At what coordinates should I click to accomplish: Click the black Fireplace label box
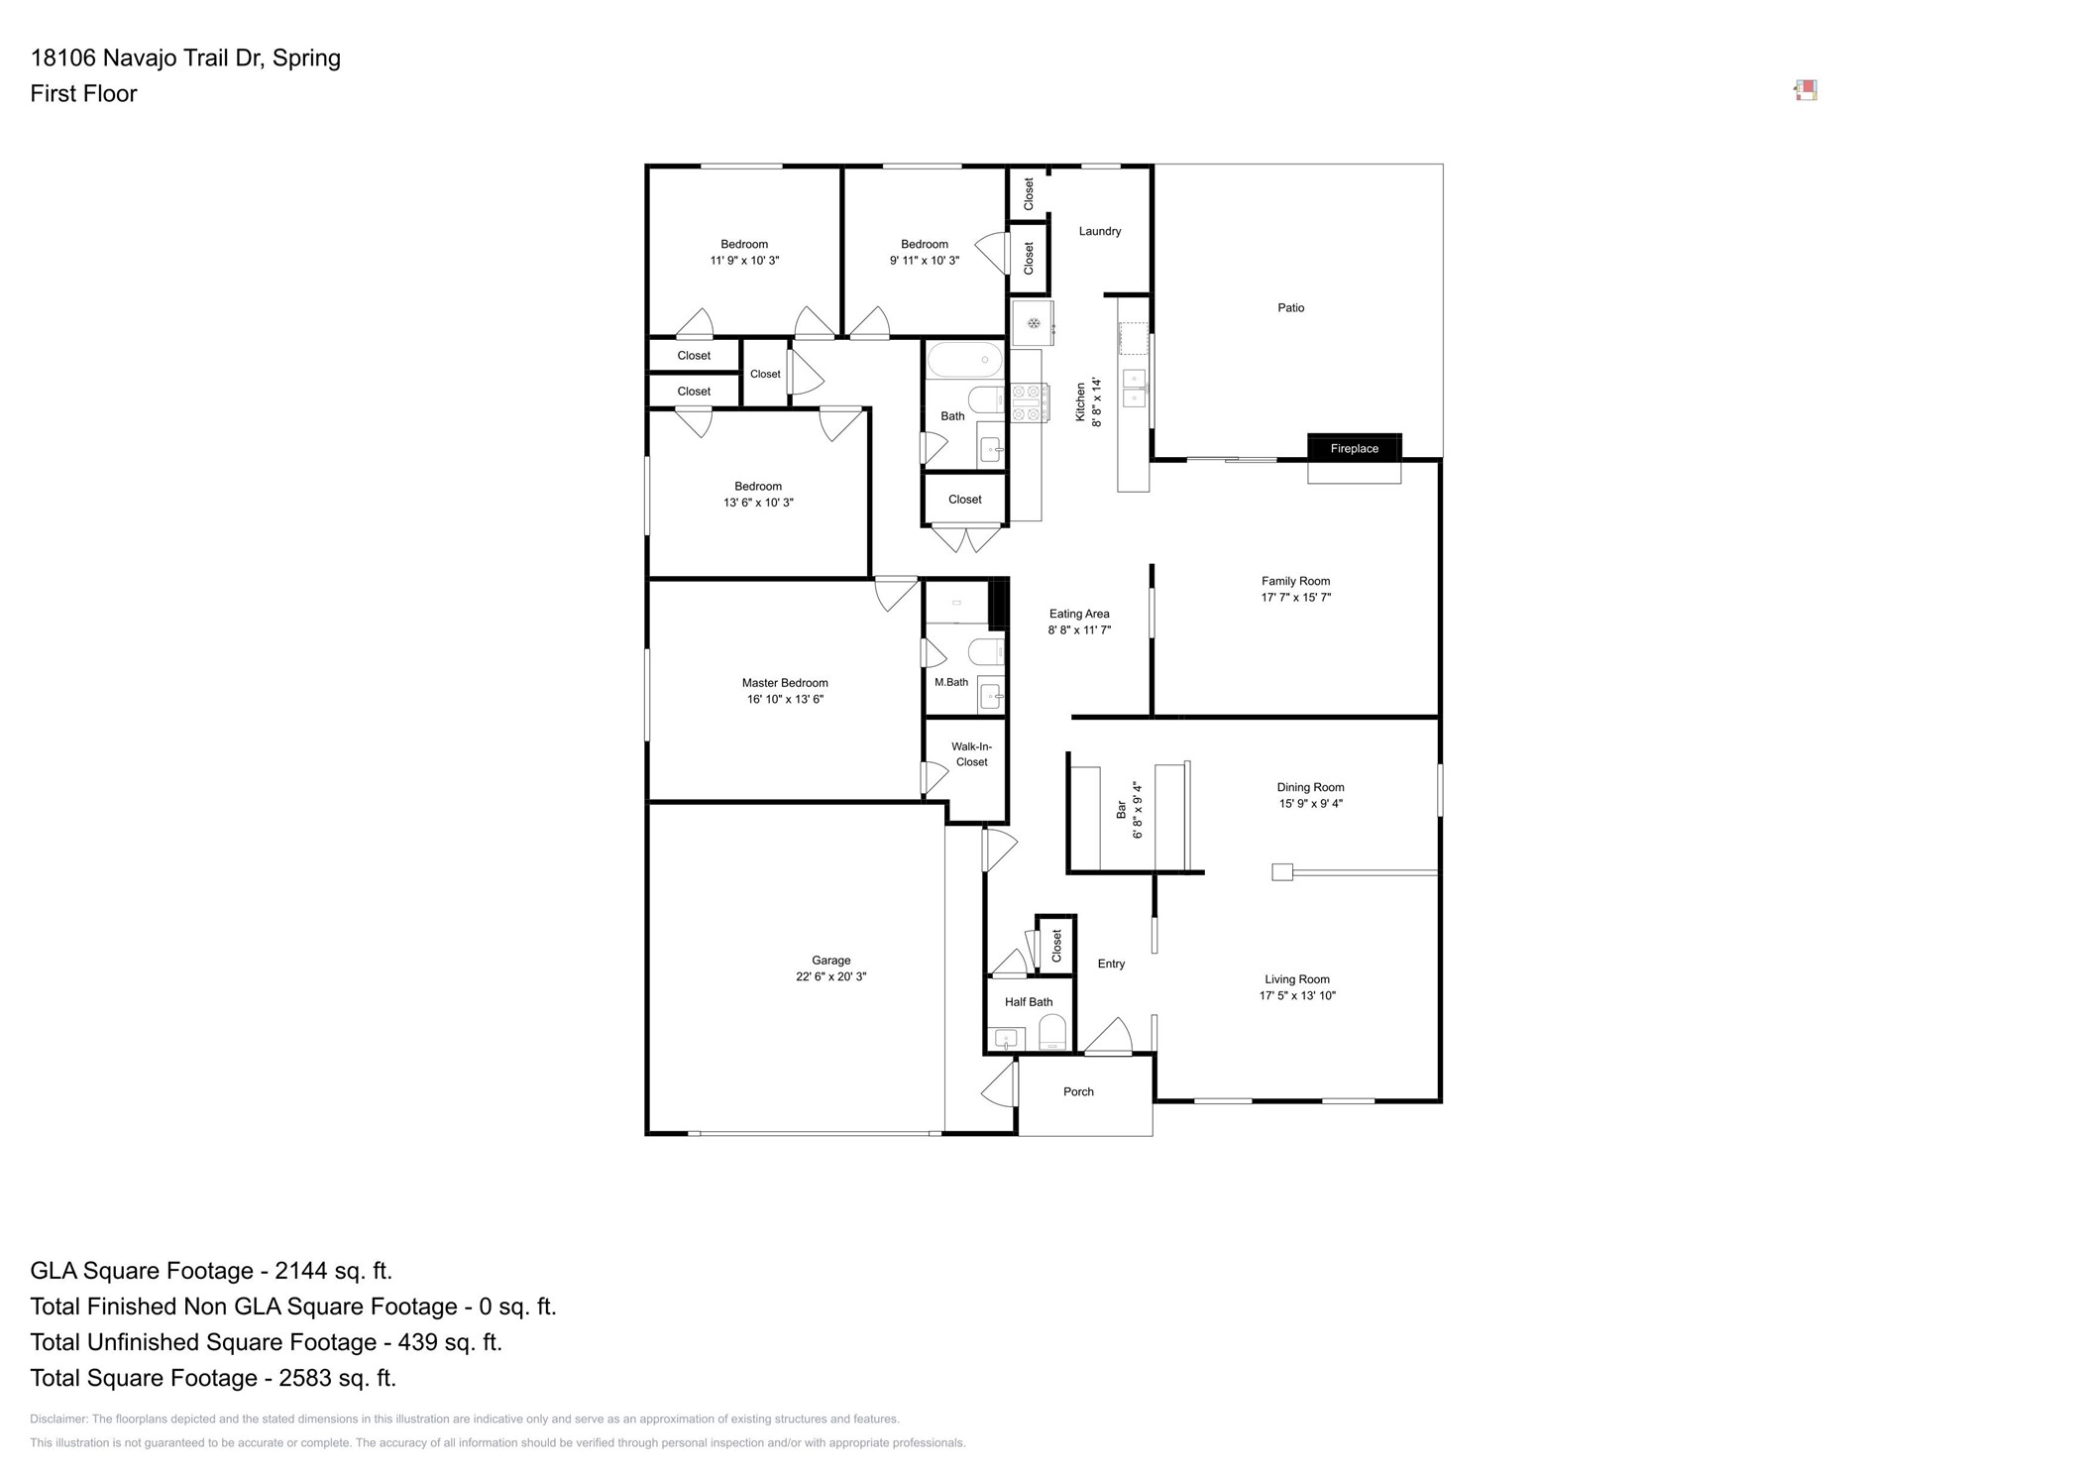point(1353,448)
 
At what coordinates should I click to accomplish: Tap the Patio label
point(1289,308)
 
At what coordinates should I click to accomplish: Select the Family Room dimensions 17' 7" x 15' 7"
point(1294,598)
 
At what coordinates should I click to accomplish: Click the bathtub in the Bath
point(963,360)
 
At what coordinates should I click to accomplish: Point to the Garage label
point(830,960)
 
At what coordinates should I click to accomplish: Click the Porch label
point(1077,1091)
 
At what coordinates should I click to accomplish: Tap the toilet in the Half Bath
point(1051,1033)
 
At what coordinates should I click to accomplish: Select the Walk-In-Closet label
point(970,754)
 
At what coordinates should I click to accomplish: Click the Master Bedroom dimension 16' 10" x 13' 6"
point(784,699)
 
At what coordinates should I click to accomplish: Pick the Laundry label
point(1099,231)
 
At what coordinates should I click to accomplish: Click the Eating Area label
point(1078,614)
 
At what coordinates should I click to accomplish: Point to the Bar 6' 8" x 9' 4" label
point(1129,810)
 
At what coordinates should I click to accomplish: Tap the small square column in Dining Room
point(1281,872)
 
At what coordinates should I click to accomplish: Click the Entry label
point(1110,964)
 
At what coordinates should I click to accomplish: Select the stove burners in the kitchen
point(1029,402)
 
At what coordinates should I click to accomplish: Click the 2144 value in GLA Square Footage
point(300,1271)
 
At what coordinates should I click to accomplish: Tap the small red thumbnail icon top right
point(1805,91)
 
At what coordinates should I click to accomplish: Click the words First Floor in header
point(83,93)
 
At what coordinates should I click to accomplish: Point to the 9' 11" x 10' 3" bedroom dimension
point(924,261)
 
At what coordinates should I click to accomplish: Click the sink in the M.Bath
point(990,697)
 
